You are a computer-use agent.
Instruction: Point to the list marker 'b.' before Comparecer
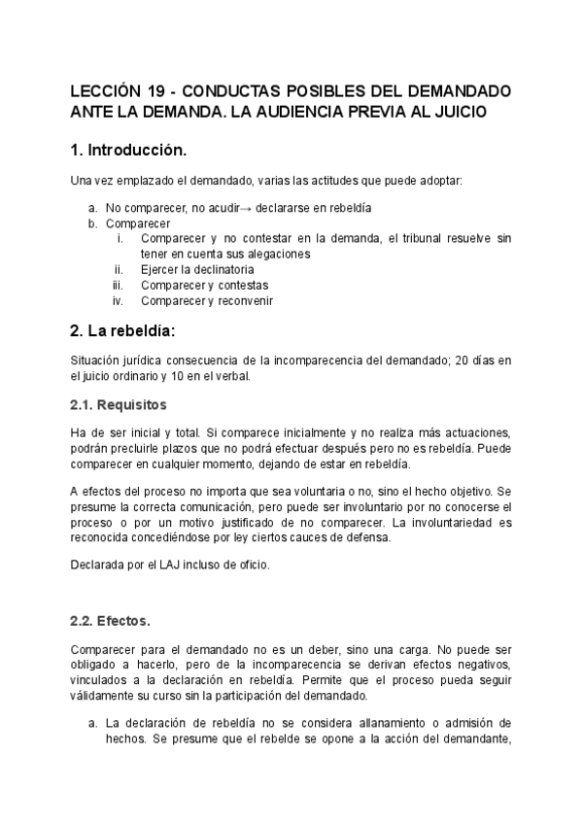93,223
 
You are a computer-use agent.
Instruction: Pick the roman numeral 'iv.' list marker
118,300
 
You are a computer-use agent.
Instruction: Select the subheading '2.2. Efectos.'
110,621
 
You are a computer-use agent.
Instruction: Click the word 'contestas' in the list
242,285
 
